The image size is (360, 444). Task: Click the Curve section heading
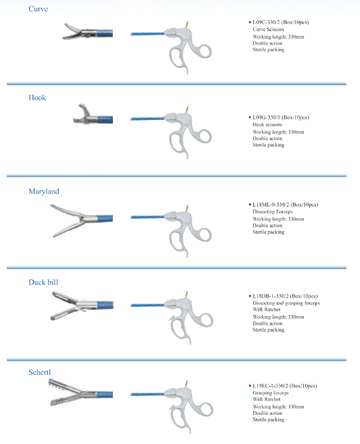(38, 9)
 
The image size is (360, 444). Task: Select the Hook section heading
(37, 97)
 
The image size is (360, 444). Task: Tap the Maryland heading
(44, 192)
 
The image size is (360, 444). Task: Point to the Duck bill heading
(43, 282)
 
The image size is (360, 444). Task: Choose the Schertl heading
(39, 372)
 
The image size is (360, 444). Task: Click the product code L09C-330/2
(266, 23)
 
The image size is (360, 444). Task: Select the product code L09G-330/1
(266, 117)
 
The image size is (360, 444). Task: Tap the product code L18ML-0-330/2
(271, 205)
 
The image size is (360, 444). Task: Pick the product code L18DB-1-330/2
(270, 296)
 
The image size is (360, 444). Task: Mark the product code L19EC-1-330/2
(270, 386)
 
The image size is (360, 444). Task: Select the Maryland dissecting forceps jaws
(68, 220)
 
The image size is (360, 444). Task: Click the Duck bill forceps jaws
(65, 305)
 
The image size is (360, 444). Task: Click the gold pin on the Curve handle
(187, 25)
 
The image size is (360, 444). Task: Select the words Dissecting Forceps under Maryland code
(272, 212)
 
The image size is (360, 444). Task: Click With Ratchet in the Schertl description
(266, 399)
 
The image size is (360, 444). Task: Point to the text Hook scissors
(267, 125)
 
